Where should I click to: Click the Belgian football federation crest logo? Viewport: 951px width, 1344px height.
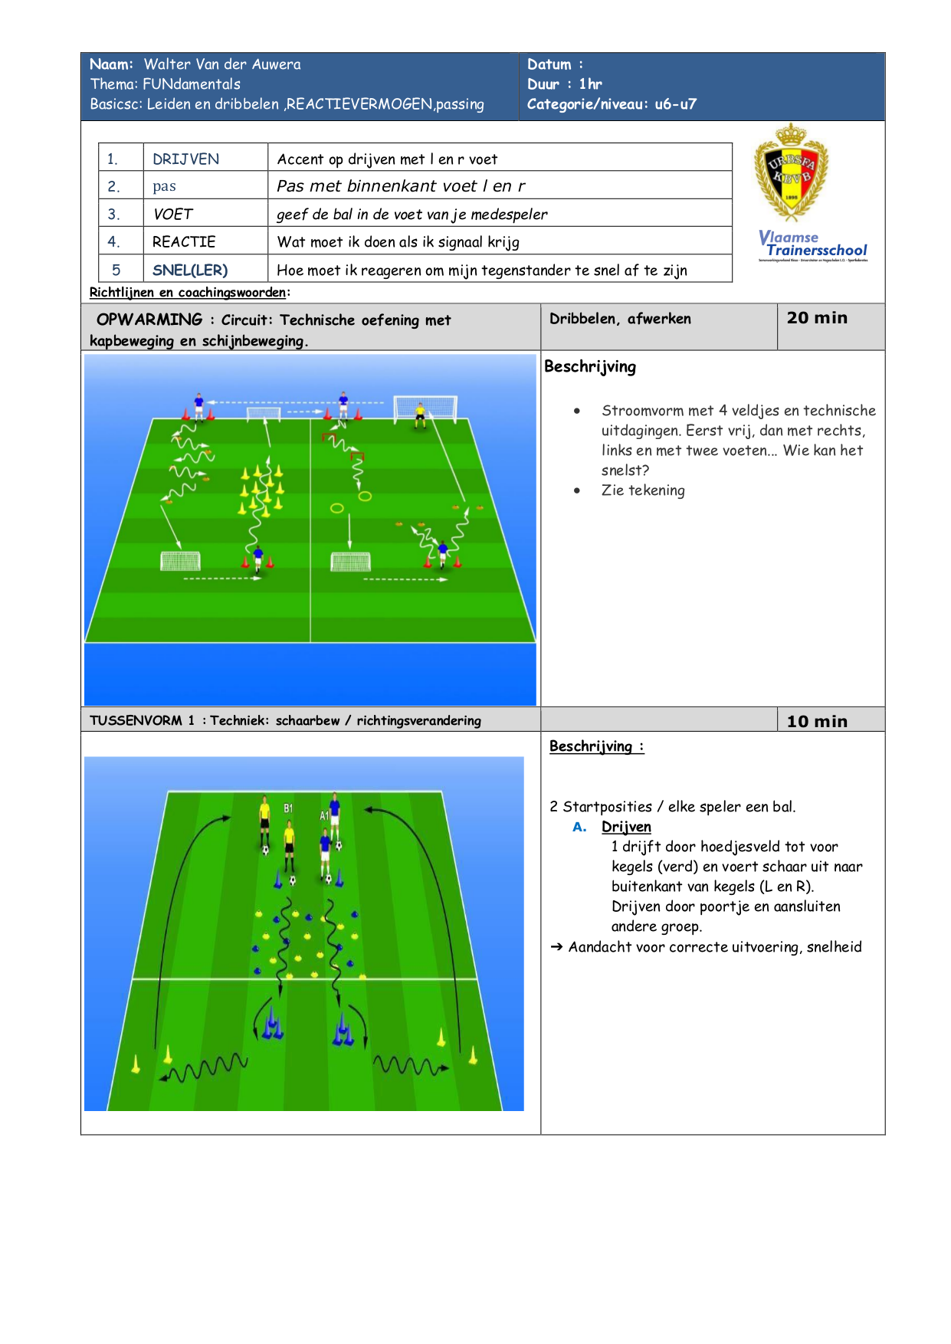click(791, 173)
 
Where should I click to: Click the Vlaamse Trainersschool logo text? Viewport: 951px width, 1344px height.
click(813, 244)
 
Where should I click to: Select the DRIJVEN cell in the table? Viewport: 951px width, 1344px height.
click(185, 159)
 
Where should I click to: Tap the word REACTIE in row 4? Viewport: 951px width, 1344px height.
click(184, 242)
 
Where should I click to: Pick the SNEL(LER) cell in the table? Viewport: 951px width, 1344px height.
click(190, 270)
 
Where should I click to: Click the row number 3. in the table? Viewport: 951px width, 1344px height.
click(113, 215)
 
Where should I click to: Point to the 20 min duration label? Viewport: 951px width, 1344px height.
click(817, 318)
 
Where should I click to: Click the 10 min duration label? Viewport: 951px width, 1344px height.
click(817, 721)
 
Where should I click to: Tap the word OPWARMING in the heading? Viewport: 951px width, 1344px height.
click(149, 320)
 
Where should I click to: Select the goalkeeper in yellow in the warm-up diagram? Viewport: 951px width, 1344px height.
click(420, 415)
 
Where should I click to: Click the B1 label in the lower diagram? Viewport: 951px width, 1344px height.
click(288, 808)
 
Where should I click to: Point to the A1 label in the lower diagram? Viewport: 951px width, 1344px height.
click(324, 816)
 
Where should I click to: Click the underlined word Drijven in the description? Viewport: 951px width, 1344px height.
click(626, 827)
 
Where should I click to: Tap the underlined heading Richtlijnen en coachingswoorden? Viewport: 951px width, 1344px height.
click(188, 292)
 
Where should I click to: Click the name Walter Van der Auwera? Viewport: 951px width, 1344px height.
click(222, 64)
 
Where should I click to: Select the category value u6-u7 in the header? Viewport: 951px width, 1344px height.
click(675, 104)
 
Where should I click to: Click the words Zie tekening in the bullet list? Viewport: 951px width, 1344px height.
click(643, 490)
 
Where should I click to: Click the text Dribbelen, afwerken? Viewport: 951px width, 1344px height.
click(620, 319)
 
